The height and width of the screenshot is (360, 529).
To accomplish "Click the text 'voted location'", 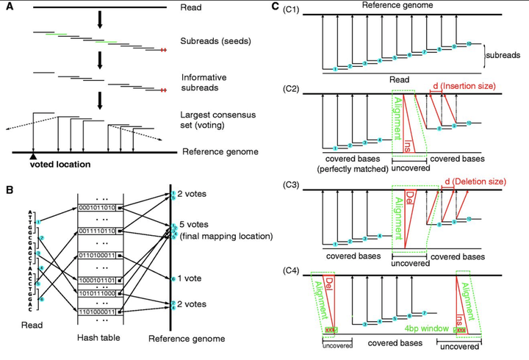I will pyautogui.click(x=60, y=165).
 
